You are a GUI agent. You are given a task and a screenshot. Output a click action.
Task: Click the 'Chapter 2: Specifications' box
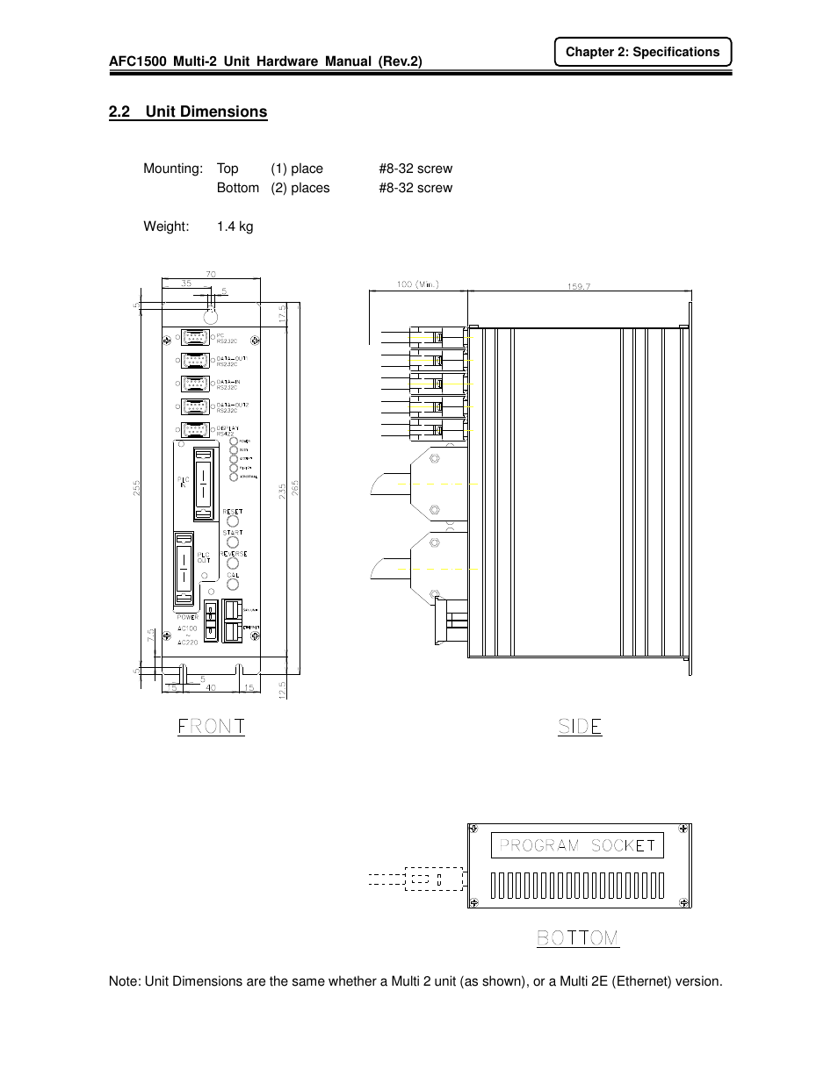click(x=642, y=52)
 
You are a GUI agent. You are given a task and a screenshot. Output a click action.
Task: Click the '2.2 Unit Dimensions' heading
click(x=188, y=111)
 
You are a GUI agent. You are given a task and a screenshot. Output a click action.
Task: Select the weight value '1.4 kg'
click(x=235, y=226)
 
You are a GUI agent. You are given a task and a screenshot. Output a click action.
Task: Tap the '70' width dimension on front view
click(x=211, y=275)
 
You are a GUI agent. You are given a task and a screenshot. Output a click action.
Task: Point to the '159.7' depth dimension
click(x=579, y=285)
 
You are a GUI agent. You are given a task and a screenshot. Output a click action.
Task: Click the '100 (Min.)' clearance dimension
click(x=416, y=284)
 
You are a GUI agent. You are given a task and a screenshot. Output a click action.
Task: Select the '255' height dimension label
click(x=137, y=488)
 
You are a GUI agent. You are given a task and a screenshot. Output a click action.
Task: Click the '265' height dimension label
click(x=296, y=488)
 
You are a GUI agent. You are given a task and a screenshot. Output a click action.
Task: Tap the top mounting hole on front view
click(x=211, y=317)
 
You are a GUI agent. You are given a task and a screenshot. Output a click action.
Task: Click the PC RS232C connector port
click(x=195, y=339)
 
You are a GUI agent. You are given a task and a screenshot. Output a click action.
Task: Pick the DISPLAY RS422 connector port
click(x=195, y=430)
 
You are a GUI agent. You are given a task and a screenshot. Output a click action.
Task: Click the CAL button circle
click(x=233, y=585)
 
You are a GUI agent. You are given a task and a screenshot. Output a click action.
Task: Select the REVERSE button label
click(x=234, y=554)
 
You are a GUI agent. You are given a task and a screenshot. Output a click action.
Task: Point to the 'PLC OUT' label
click(x=203, y=557)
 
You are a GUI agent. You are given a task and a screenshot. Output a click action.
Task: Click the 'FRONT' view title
click(x=211, y=727)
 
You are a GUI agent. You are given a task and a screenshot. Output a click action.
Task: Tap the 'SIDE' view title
click(x=580, y=727)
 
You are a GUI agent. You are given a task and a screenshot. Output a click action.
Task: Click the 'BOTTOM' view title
click(x=578, y=938)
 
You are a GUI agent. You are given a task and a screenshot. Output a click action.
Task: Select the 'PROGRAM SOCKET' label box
click(x=577, y=845)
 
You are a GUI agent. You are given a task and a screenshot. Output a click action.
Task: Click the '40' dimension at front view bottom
click(x=211, y=688)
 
